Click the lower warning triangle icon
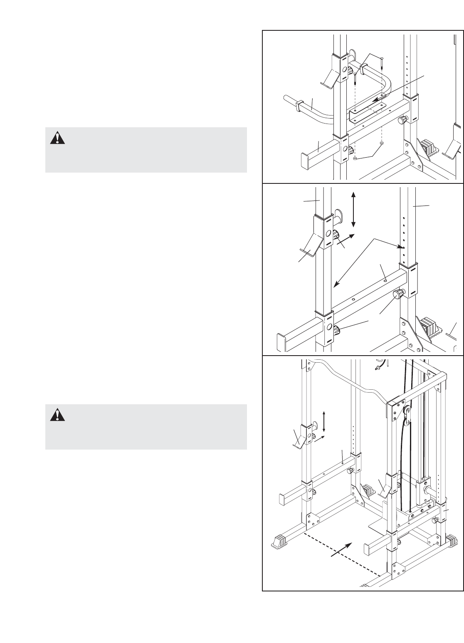[x=57, y=415]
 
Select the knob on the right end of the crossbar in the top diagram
[x=402, y=121]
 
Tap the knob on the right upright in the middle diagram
[x=399, y=295]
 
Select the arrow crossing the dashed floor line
[x=341, y=549]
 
